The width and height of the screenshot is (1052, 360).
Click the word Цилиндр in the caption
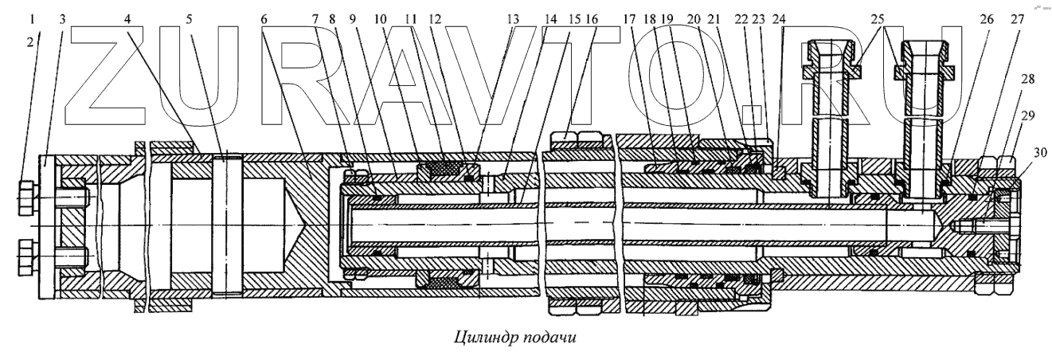tap(483, 335)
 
